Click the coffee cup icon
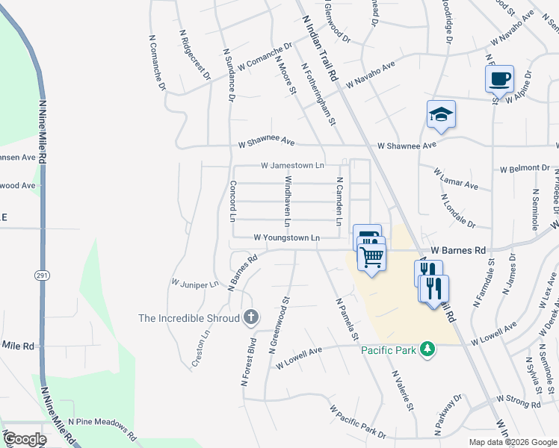(x=499, y=78)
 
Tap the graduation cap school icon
(x=441, y=115)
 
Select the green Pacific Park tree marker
(x=427, y=349)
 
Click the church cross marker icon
(x=251, y=318)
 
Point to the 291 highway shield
(x=41, y=275)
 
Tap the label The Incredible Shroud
(x=188, y=318)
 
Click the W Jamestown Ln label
(x=292, y=165)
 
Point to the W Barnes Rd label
(x=458, y=250)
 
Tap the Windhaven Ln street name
(x=286, y=202)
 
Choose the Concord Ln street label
(x=232, y=202)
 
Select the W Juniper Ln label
(x=194, y=284)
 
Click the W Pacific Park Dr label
(x=358, y=422)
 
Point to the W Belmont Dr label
(x=524, y=168)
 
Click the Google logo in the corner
(x=25, y=438)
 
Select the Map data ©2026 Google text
(x=512, y=442)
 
